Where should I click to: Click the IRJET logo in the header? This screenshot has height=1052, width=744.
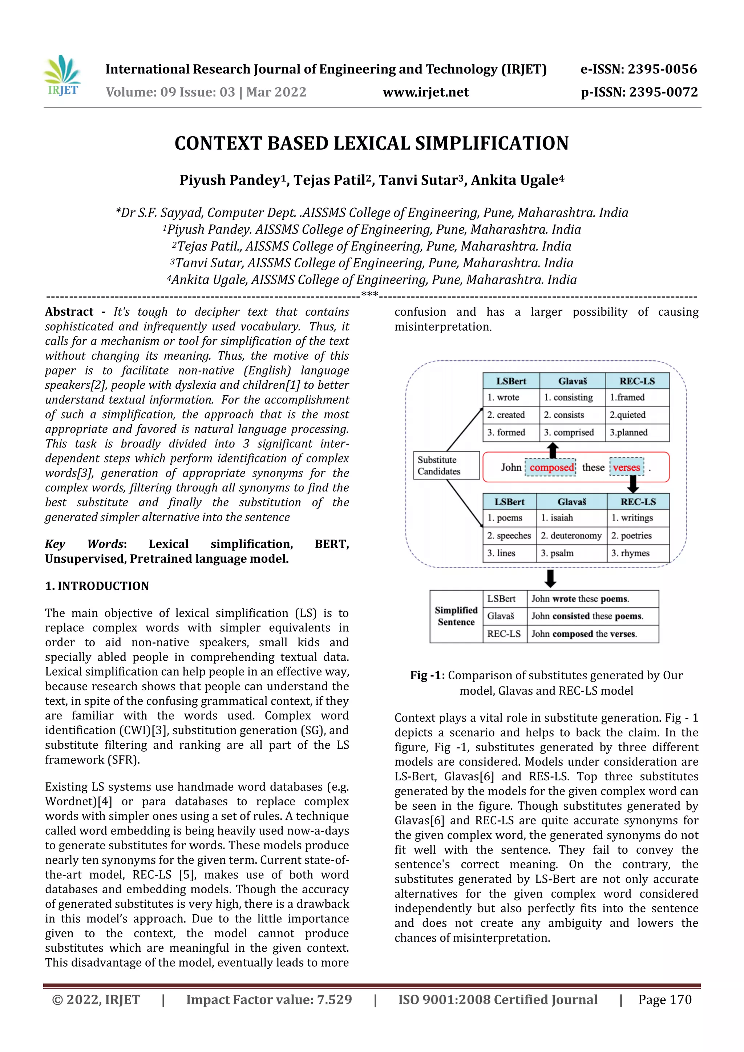click(x=63, y=76)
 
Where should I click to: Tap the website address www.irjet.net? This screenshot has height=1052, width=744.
click(x=426, y=92)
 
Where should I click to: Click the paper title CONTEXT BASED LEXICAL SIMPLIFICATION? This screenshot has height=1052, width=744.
click(x=372, y=143)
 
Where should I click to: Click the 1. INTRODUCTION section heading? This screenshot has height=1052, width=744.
click(x=97, y=586)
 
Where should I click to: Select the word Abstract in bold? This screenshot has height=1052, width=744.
click(x=69, y=312)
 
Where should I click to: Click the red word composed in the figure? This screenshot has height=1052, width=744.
click(x=551, y=468)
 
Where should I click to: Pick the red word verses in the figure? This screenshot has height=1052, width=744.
click(x=626, y=468)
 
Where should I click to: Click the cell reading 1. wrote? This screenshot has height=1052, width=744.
click(x=503, y=397)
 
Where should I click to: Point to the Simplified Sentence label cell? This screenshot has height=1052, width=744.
click(x=456, y=616)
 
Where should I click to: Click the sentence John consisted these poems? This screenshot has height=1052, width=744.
click(x=587, y=616)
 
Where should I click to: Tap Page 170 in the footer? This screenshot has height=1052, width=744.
click(x=665, y=999)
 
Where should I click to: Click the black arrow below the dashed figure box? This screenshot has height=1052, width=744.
click(x=550, y=579)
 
